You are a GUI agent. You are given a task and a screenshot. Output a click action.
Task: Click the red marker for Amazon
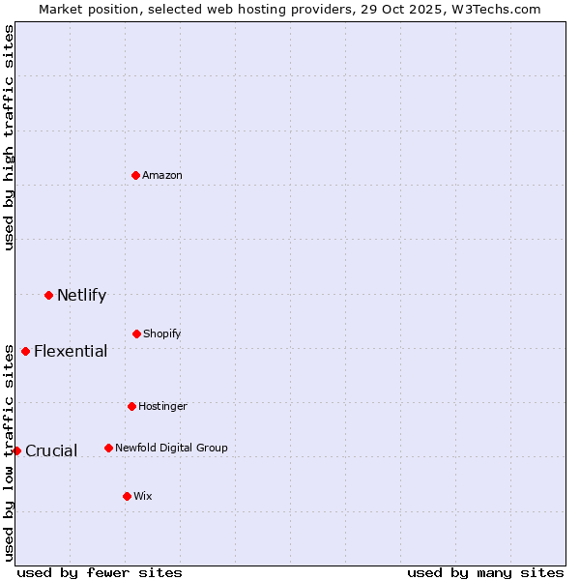[x=136, y=175]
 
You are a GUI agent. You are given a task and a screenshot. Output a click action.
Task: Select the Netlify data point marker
[x=48, y=295]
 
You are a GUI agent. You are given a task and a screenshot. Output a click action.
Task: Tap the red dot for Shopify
[x=136, y=333]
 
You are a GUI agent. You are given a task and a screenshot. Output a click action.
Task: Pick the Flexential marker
[x=25, y=351]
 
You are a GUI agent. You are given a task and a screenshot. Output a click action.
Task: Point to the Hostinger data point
[x=131, y=406]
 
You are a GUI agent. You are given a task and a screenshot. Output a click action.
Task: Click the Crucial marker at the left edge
[x=16, y=450]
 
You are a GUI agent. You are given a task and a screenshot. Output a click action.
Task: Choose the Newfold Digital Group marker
[x=108, y=448]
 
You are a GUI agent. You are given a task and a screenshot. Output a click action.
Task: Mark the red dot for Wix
[x=127, y=496]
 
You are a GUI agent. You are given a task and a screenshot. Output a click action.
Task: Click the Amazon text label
[x=162, y=175]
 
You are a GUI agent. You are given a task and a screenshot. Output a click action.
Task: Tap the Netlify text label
[x=81, y=295]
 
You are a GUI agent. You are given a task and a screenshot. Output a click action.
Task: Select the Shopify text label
[x=162, y=333]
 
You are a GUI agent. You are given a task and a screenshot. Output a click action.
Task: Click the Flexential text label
[x=71, y=351]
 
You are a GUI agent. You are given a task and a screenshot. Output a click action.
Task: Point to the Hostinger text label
[x=162, y=406]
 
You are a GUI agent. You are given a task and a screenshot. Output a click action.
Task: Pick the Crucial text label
[x=51, y=450]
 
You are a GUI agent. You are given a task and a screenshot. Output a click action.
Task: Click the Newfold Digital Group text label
[x=171, y=448]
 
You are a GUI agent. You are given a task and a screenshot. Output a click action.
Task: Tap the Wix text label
[x=143, y=496]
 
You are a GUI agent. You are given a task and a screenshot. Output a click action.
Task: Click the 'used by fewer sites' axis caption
[x=100, y=572]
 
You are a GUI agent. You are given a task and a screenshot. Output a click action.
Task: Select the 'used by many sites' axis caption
[x=485, y=572]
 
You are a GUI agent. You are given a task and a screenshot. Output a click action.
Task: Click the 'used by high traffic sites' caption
[x=9, y=137]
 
